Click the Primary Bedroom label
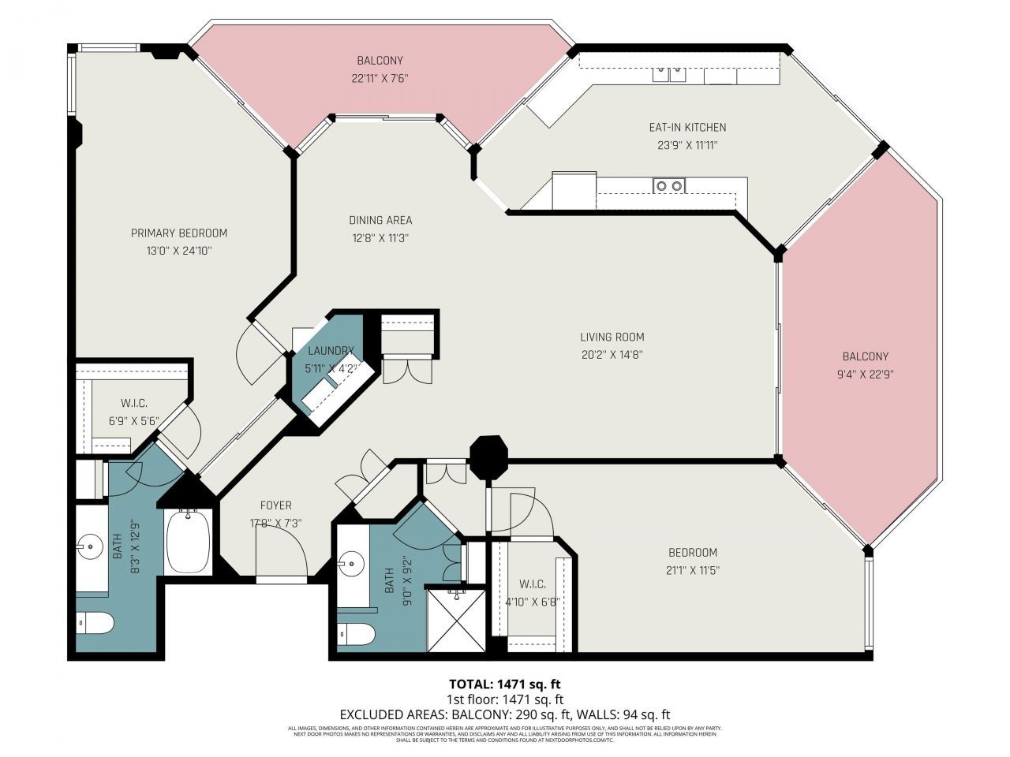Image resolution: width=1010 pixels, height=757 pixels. coord(179,233)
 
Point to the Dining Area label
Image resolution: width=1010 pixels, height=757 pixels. coord(380,220)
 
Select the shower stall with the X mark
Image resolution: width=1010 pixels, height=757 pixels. coord(456,621)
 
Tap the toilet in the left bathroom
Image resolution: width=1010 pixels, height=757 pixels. coord(95,623)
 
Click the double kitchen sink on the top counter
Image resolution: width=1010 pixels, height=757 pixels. coord(668,75)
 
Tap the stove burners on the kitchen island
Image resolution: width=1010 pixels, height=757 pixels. coord(668,186)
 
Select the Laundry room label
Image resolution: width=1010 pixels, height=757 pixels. coord(331,351)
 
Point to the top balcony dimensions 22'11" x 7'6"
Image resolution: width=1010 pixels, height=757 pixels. coord(380,78)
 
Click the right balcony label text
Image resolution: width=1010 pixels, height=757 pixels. coord(865,356)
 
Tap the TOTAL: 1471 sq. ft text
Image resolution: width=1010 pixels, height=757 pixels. coord(504,684)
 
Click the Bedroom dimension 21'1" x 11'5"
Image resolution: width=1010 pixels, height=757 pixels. coord(692,570)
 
